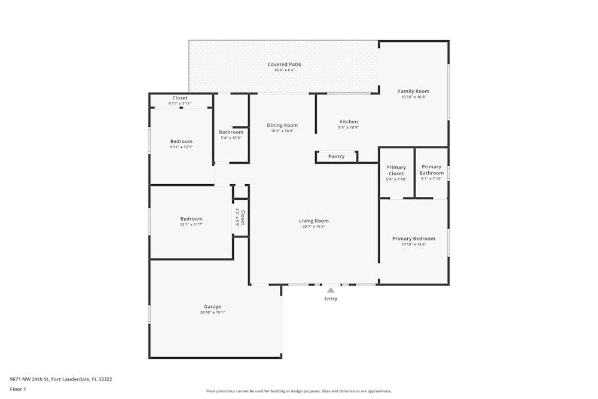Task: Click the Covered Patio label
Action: coord(284,64)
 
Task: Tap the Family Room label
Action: coord(414,92)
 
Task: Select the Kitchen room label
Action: coord(349,121)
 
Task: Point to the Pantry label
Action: coord(337,157)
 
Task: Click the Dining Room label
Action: coord(282,125)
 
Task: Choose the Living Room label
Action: coord(314,221)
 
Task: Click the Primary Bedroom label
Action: coord(414,239)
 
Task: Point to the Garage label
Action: coord(212,307)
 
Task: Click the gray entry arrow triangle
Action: coord(331,290)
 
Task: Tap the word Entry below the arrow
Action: coord(331,299)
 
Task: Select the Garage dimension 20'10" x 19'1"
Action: coord(212,312)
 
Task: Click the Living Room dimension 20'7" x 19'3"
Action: coord(314,227)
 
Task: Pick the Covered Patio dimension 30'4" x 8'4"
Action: coord(284,70)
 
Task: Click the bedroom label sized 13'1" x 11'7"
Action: coord(191,219)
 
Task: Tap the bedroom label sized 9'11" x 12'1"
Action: coord(181,141)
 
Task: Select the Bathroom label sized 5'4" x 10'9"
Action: coord(231,132)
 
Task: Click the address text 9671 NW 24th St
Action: coord(30,379)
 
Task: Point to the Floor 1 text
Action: coord(18,389)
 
